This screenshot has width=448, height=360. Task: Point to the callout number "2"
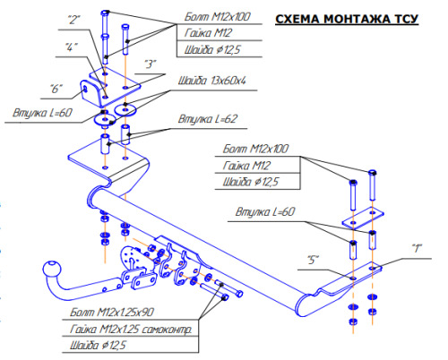pyautogui.click(x=73, y=19)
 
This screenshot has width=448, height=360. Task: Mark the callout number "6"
pyautogui.click(x=56, y=88)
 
